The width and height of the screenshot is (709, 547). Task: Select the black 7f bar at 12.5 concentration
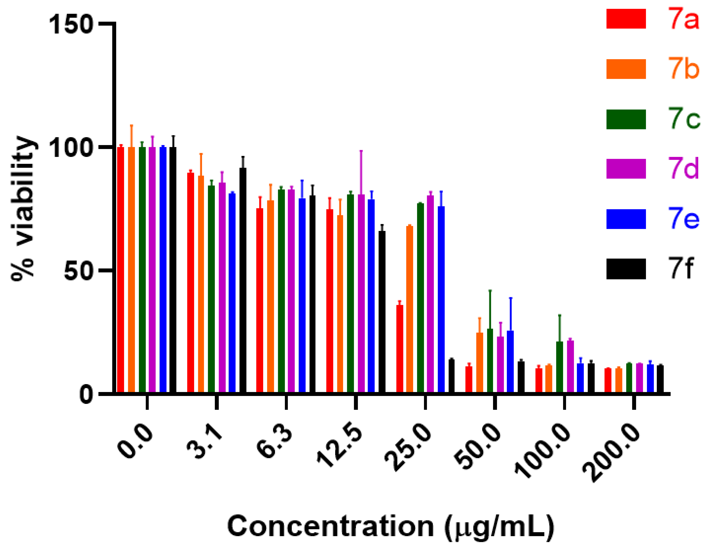(382, 312)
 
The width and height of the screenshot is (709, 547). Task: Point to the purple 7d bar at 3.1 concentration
(222, 287)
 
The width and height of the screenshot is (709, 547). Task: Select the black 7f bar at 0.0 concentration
(173, 270)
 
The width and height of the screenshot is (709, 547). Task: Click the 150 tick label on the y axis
(71, 24)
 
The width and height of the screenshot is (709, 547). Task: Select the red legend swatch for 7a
(626, 19)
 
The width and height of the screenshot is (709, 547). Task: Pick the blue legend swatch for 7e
(626, 219)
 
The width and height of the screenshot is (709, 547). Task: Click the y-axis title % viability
(22, 208)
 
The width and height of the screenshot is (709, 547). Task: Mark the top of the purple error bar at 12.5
(361, 151)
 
